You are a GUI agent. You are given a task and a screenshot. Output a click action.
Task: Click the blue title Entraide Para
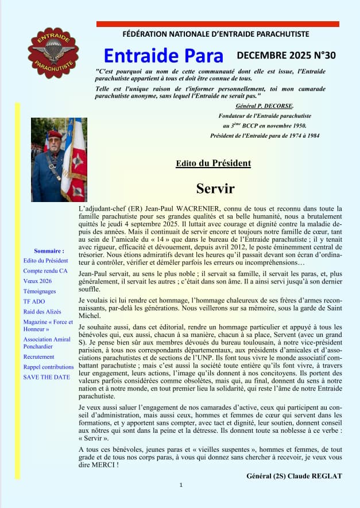(164, 56)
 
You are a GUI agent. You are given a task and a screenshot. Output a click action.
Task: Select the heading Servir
(215, 188)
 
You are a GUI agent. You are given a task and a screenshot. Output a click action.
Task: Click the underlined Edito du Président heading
(214, 164)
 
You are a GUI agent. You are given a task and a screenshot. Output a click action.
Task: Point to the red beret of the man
(55, 134)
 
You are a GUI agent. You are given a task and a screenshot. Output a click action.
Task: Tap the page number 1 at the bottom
(181, 486)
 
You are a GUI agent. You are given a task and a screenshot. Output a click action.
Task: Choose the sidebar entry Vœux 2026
(38, 281)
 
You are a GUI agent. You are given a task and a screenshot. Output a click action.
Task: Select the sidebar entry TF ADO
(33, 300)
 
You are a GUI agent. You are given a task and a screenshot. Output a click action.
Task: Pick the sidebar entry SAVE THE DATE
(47, 377)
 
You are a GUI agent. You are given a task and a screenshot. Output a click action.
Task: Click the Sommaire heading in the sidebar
(49, 251)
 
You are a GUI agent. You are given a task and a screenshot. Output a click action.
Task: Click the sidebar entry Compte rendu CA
(45, 270)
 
